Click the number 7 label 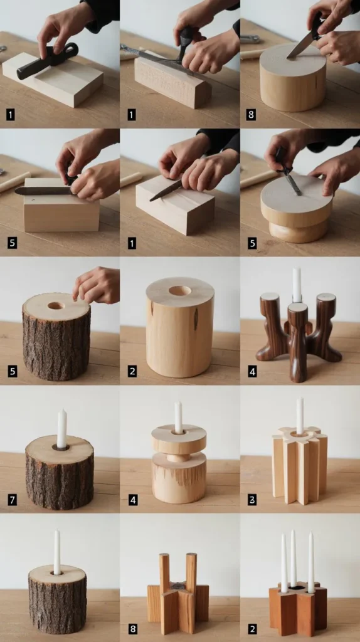(13, 500)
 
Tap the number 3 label (252, 500)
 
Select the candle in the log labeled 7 (62, 428)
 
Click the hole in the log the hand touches (56, 305)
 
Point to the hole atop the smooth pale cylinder (180, 291)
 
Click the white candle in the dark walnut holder (297, 285)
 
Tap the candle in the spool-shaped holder (178, 417)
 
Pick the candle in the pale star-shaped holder (300, 416)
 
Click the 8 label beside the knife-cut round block (251, 115)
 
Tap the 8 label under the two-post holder (132, 628)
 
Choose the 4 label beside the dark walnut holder (252, 372)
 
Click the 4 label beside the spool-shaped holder (132, 500)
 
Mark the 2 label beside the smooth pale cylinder (132, 372)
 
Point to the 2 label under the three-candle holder (252, 628)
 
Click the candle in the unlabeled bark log (57, 552)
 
